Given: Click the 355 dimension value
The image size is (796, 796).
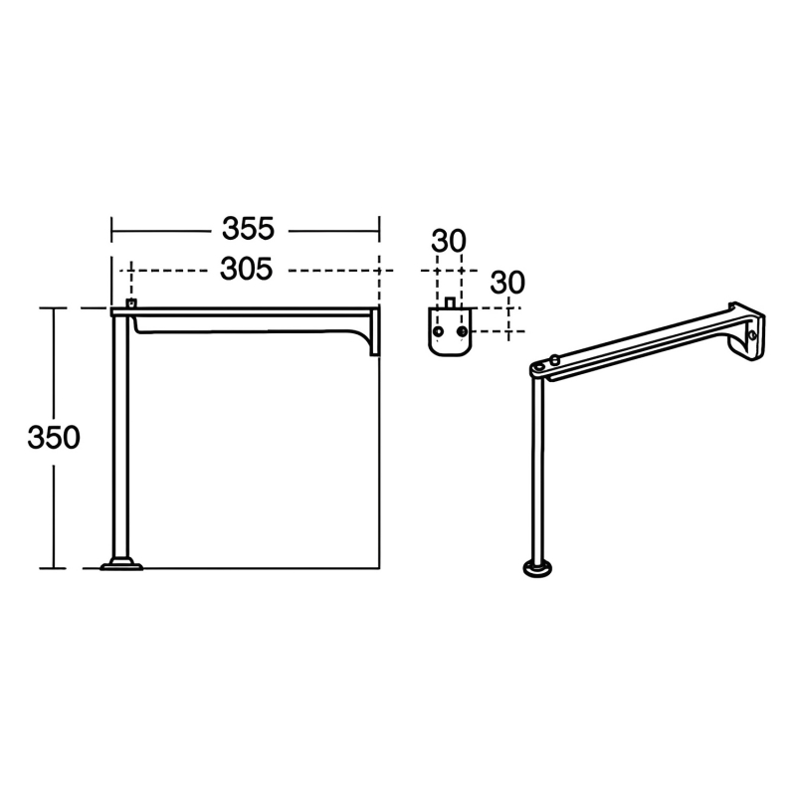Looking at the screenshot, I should pos(247,230).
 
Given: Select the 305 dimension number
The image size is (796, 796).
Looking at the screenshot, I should pos(247,270).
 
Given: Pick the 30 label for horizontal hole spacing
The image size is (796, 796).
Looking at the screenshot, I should pos(449,242).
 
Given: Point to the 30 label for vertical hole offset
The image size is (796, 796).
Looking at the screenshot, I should pos(507,283).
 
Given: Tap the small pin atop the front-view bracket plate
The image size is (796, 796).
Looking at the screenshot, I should pos(449,301).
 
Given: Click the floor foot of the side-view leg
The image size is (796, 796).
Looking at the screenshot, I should pos(121,566).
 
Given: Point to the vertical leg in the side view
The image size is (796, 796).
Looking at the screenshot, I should pos(121,438).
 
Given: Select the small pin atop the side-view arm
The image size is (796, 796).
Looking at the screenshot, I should pos(129,302).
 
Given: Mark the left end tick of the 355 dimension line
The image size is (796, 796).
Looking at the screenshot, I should pos(111,231).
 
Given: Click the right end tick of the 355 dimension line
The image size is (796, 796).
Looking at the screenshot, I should pos(379,231).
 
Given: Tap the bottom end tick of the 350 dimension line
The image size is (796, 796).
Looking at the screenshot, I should pos(53,568).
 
